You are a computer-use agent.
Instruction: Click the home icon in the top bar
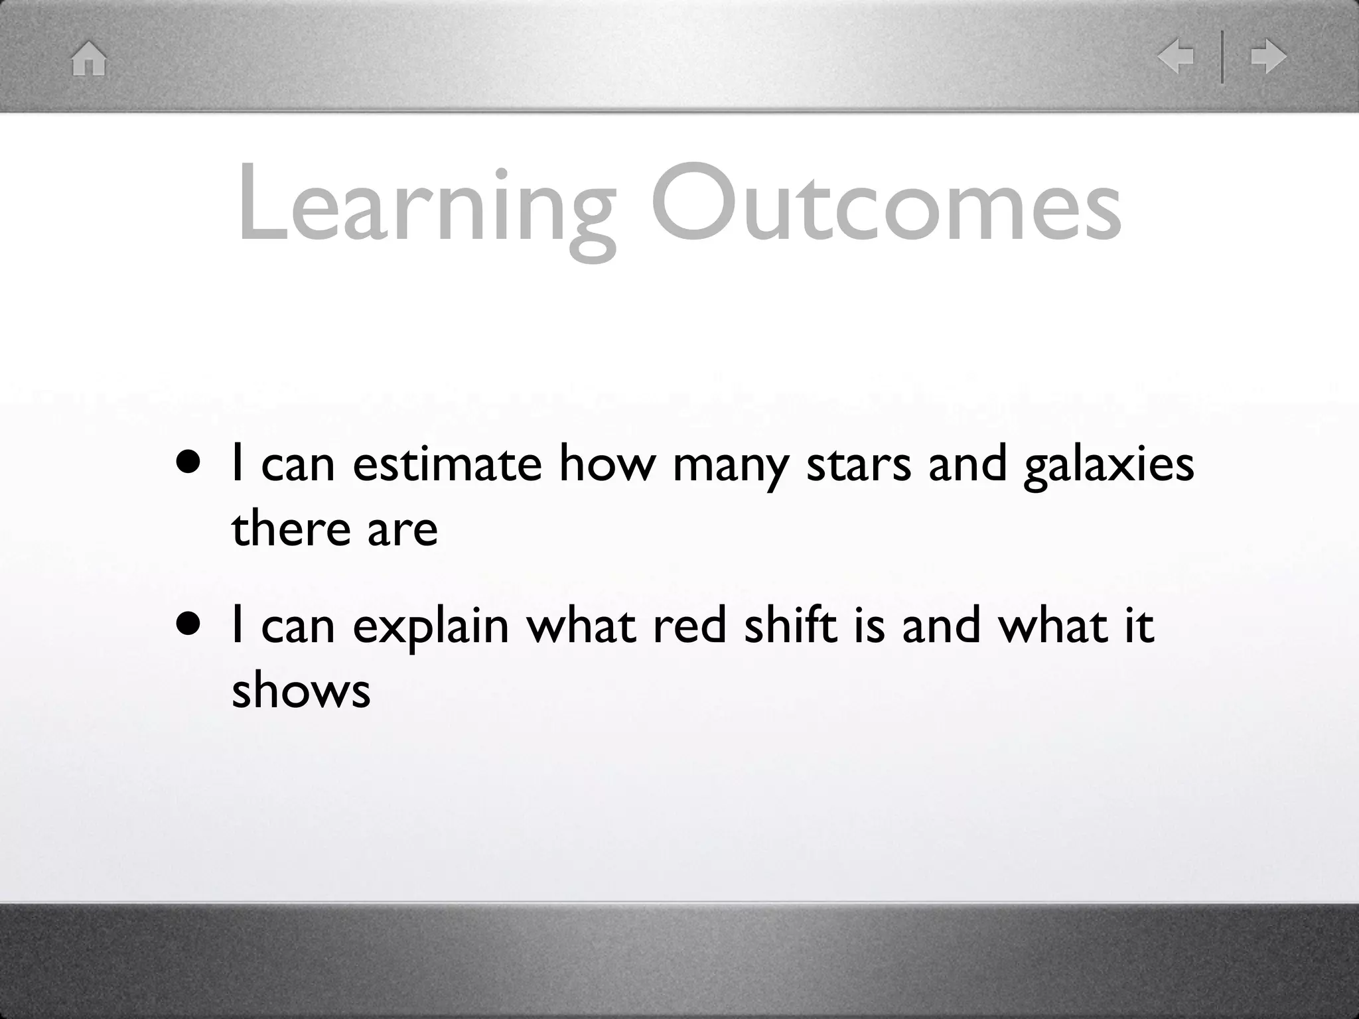tap(89, 58)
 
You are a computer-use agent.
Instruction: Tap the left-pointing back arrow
tap(1175, 56)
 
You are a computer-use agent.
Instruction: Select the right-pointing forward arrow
tap(1269, 56)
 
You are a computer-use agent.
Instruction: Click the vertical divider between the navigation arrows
tap(1222, 57)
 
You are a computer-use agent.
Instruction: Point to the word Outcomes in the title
tap(887, 202)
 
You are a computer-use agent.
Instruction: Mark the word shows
tap(301, 691)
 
